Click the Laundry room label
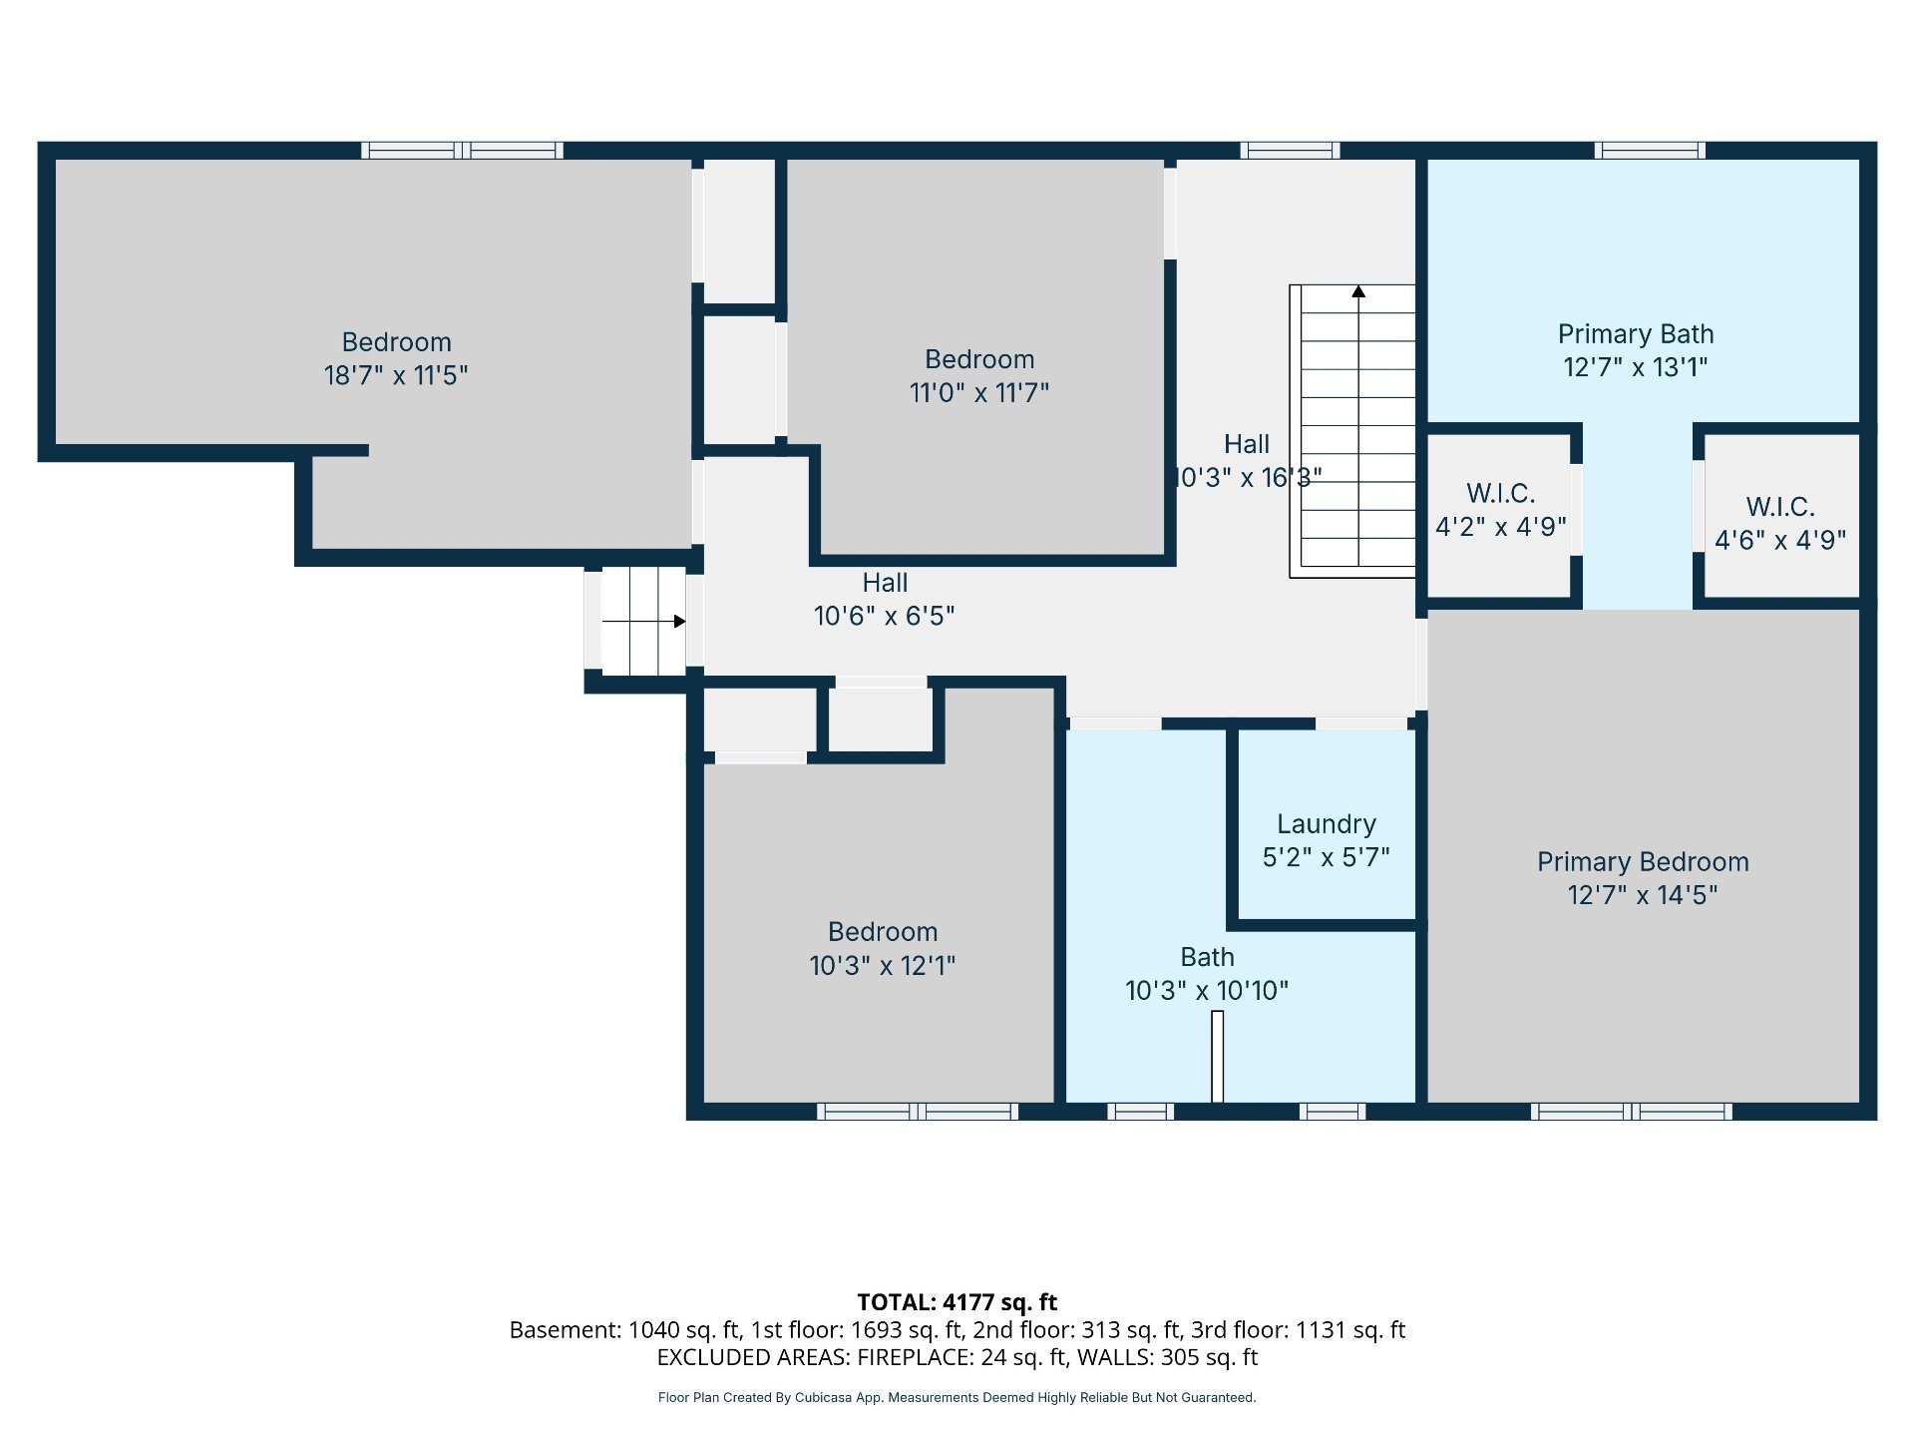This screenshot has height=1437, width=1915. [1327, 824]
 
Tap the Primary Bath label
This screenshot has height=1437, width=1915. [1636, 334]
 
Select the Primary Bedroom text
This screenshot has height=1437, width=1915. [1643, 862]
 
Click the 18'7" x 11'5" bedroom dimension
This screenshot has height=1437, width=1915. [396, 375]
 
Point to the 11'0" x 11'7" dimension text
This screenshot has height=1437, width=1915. [979, 393]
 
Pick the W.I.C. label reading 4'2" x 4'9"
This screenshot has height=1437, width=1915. [1501, 510]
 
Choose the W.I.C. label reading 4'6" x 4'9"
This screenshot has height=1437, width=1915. [1780, 524]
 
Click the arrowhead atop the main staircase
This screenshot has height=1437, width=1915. [1358, 291]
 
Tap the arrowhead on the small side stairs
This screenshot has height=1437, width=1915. [679, 622]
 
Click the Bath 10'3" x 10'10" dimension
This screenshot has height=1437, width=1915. [1207, 991]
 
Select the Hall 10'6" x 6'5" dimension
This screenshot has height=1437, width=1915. [885, 616]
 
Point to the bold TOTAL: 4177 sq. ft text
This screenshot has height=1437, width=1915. [957, 1302]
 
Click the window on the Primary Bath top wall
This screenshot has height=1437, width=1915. [1650, 151]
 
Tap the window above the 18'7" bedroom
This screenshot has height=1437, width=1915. [462, 151]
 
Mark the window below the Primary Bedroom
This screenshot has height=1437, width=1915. [1632, 1112]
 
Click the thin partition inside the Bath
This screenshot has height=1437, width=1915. [1217, 1057]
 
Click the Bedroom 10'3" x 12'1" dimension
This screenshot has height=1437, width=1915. [883, 966]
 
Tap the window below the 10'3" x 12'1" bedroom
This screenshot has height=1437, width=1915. [918, 1112]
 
